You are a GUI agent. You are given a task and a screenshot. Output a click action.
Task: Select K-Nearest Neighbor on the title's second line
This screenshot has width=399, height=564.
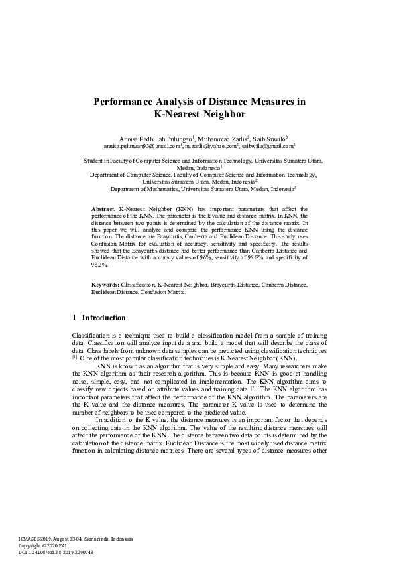[x=199, y=114]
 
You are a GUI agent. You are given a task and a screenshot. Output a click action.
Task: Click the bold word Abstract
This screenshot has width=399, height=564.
[x=103, y=210]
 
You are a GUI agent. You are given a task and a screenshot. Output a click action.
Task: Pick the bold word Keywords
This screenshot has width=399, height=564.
[x=105, y=303]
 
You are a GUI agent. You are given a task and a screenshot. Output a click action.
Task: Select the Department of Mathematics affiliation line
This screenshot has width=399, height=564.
[x=203, y=189]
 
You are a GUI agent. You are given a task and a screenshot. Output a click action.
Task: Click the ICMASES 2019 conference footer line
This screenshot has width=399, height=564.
[x=75, y=539]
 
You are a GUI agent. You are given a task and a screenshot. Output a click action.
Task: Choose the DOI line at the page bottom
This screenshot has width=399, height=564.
[x=55, y=553]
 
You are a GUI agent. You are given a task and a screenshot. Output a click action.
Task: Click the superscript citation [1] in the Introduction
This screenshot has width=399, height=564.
[x=75, y=358]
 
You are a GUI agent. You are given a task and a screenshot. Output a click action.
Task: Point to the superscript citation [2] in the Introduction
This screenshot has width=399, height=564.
[x=253, y=387]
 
